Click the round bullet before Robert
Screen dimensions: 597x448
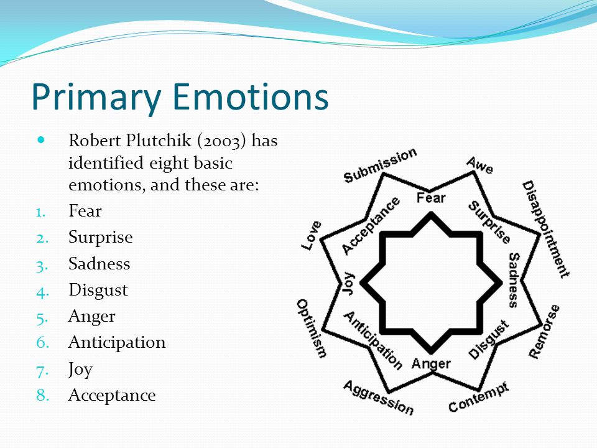pos(41,140)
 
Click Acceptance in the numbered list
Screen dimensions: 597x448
pos(112,395)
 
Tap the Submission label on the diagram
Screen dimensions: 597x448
pos(380,166)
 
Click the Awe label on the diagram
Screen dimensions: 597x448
pos(479,165)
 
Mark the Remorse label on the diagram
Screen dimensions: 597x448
pos(545,332)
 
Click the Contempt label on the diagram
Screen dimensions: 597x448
pos(478,398)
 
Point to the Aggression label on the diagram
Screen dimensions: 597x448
pos(379,398)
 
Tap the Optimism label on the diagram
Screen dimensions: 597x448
pos(312,329)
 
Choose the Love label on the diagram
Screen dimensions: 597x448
pos(312,235)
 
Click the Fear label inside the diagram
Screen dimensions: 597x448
pos(430,198)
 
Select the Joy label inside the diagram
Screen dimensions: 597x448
pos(349,284)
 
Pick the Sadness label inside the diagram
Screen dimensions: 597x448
pos(514,279)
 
